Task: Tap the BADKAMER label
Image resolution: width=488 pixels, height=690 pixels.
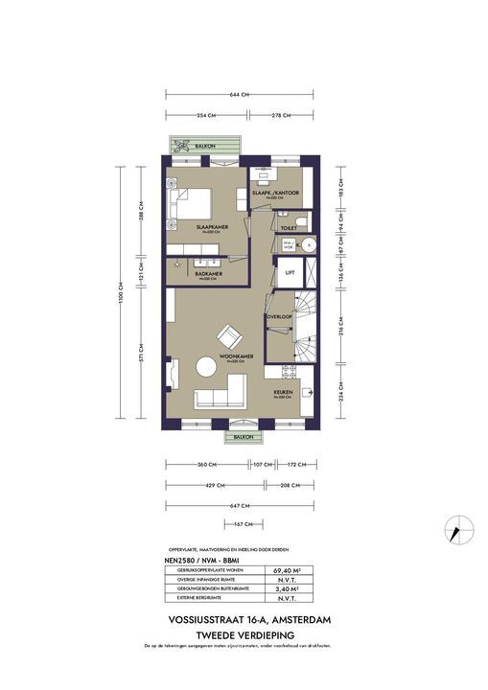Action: pyautogui.click(x=208, y=273)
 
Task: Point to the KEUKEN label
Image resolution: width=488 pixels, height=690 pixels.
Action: pyautogui.click(x=282, y=391)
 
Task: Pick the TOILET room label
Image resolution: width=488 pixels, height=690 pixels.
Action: pyautogui.click(x=288, y=227)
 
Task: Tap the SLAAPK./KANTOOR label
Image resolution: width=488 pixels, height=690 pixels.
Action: pyautogui.click(x=276, y=193)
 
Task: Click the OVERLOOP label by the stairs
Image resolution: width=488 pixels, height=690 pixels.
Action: pyautogui.click(x=279, y=315)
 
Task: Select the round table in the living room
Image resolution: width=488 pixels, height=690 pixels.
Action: pyautogui.click(x=206, y=367)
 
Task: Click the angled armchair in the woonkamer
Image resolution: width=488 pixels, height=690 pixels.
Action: pyautogui.click(x=230, y=337)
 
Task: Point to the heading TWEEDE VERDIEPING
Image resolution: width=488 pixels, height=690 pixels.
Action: pyautogui.click(x=243, y=634)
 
